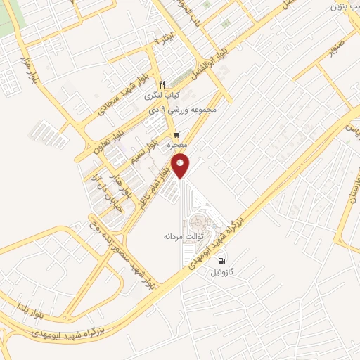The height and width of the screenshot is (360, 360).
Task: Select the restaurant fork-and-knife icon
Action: [x=161, y=83]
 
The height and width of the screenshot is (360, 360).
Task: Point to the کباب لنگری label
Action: [x=162, y=95]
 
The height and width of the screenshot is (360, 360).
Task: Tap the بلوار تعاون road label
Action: [x=105, y=134]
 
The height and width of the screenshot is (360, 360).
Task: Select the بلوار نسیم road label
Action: [x=143, y=150]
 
